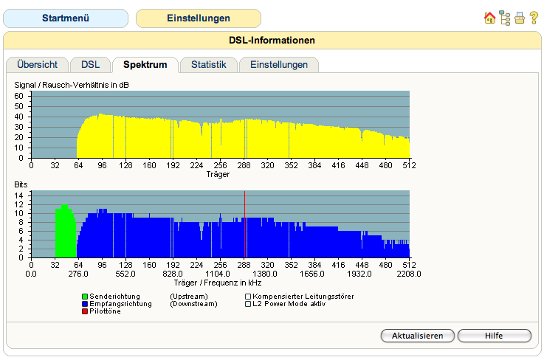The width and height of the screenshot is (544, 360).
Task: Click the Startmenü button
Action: click(66, 18)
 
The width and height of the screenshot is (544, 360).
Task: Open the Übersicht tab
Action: click(37, 64)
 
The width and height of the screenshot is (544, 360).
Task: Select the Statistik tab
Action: click(208, 64)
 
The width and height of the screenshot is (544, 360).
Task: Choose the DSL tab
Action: click(90, 64)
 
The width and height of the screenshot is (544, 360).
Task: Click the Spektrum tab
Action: click(145, 64)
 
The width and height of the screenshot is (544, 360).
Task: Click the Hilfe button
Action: click(494, 336)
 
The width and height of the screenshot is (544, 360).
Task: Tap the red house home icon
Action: click(489, 18)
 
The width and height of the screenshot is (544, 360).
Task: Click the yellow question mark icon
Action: click(534, 18)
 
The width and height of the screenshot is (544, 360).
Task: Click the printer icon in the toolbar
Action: click(520, 18)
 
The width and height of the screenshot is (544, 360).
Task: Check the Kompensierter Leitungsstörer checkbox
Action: click(248, 297)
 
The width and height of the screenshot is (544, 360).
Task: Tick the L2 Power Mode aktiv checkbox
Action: click(248, 304)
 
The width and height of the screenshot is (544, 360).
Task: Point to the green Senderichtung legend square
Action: click(85, 297)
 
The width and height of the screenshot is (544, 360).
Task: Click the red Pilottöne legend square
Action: click(85, 311)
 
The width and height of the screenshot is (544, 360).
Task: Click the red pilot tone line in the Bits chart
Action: click(244, 224)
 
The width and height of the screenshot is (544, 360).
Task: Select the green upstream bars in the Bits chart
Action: click(66, 232)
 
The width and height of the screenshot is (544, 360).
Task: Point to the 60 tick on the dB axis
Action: click(18, 96)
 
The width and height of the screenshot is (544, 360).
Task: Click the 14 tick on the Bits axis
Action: click(18, 195)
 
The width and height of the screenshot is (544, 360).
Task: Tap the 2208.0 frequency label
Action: click(409, 274)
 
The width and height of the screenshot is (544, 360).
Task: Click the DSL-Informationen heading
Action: click(272, 41)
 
